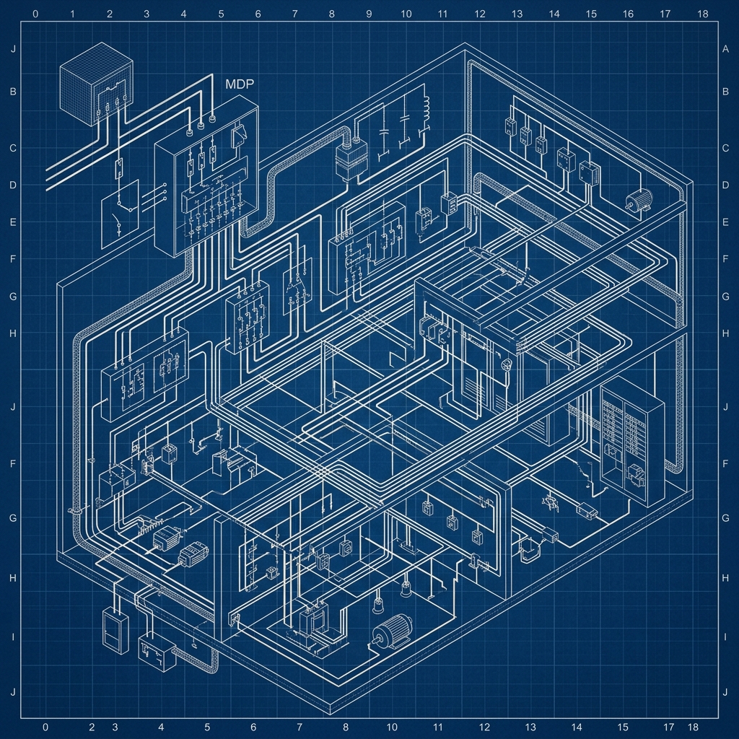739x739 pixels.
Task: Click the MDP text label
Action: point(240,84)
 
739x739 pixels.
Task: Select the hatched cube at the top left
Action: point(96,84)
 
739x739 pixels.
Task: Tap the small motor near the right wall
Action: point(639,200)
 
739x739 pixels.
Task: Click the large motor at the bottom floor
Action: point(392,631)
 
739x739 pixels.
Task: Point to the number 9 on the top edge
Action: point(369,14)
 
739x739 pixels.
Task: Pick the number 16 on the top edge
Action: point(628,14)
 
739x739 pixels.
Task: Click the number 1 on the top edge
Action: point(72,14)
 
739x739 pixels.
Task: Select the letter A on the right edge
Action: point(725,49)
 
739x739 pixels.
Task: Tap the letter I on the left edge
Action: point(13,637)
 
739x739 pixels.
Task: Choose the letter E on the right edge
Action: point(725,222)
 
